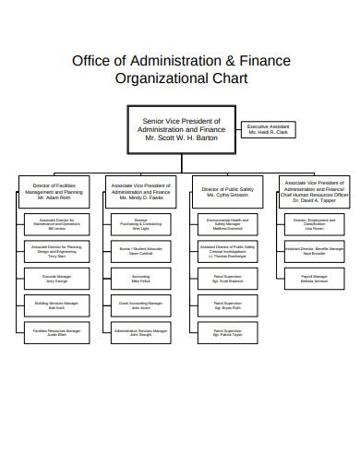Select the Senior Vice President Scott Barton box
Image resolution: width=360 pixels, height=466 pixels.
(x=181, y=129)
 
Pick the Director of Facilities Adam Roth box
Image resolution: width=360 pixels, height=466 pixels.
(x=57, y=191)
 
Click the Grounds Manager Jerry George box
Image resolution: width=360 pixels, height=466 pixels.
(x=57, y=277)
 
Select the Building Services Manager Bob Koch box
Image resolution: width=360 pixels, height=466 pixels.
(x=57, y=304)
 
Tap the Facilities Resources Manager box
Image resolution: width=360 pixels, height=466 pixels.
(x=57, y=331)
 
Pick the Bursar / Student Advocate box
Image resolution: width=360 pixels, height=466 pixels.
(x=141, y=250)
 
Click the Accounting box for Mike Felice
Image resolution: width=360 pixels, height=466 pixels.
(x=141, y=277)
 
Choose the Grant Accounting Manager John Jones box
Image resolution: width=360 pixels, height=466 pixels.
(x=141, y=304)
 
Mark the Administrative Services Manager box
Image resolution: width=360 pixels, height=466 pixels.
(x=141, y=331)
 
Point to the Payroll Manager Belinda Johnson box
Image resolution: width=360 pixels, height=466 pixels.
(x=314, y=277)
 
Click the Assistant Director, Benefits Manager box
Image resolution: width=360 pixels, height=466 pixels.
(x=314, y=250)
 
